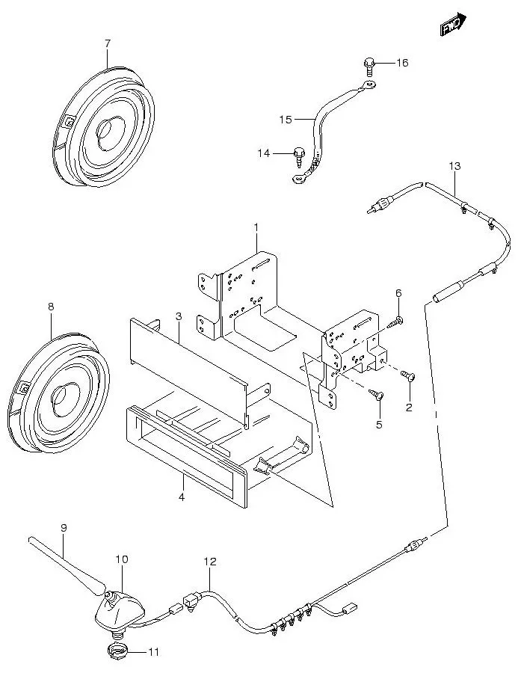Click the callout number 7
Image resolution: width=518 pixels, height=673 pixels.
(x=107, y=44)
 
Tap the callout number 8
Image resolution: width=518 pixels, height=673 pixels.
(x=51, y=307)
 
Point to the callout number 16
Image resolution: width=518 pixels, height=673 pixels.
(x=402, y=63)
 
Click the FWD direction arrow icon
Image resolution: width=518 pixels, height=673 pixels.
(x=452, y=25)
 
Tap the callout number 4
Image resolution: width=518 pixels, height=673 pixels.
(x=181, y=496)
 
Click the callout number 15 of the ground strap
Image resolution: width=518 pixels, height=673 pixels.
(x=286, y=119)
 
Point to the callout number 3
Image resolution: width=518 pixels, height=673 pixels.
(x=179, y=317)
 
